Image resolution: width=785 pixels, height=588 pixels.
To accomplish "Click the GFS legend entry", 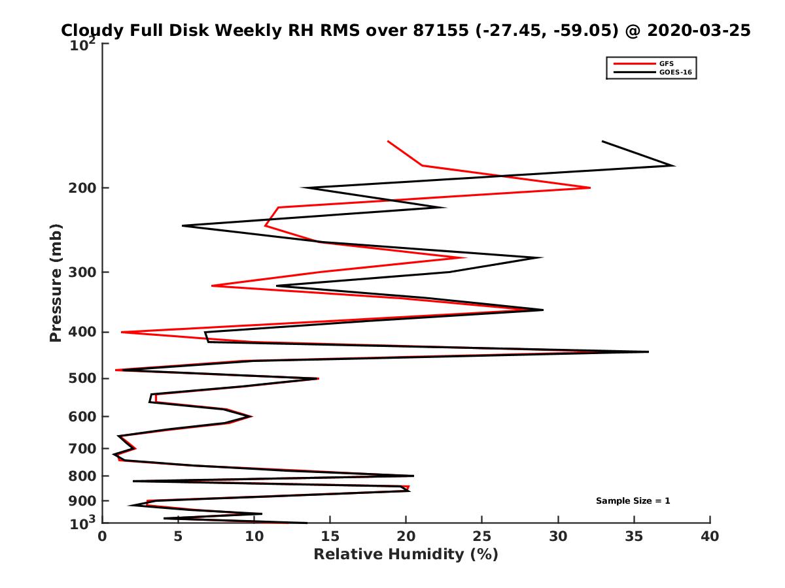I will (x=667, y=63).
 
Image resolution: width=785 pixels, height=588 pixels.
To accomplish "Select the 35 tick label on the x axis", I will (x=634, y=536).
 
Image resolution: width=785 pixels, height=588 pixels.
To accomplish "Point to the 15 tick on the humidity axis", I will (x=330, y=536).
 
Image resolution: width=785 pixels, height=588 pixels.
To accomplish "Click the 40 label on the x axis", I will (x=710, y=536).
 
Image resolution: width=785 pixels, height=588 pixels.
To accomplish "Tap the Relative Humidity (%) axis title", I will (x=406, y=555).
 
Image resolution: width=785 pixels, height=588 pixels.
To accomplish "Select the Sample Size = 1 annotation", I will (x=633, y=501).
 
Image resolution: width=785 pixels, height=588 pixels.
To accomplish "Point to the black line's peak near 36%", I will (x=648, y=351).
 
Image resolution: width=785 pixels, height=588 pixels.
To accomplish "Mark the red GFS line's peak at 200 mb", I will (x=589, y=188).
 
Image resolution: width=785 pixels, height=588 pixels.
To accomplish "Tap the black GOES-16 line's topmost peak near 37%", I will (x=674, y=165).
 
